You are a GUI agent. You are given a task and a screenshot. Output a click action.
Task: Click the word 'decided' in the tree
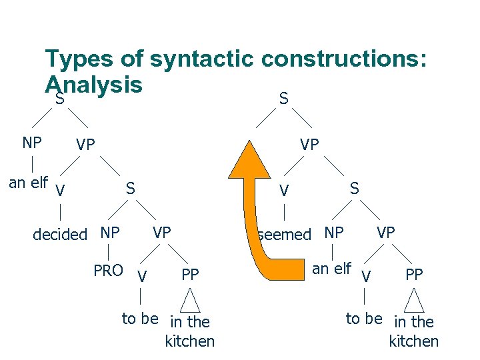coord(60,234)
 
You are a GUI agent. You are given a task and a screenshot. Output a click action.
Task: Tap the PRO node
coord(108,271)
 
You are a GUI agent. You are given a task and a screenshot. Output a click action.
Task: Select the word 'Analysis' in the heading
coord(93,85)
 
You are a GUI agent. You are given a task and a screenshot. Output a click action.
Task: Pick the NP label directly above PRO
coord(109,233)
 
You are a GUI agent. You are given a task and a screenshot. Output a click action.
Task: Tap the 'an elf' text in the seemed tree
coord(331,269)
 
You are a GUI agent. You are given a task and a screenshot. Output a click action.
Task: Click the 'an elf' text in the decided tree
coord(28,182)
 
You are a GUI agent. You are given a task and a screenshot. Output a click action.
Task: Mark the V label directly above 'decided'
coord(61,191)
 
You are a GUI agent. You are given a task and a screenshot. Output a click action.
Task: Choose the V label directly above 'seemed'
coord(284,191)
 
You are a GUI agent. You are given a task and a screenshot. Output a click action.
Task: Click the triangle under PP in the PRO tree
coord(191,300)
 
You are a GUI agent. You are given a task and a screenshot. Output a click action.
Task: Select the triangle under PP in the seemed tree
coord(414,300)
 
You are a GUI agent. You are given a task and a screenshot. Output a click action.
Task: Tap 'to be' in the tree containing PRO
coord(140,319)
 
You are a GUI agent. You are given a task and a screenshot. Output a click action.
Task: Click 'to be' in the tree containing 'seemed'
coord(363,319)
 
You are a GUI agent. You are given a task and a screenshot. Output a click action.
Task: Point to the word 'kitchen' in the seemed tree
coord(413,341)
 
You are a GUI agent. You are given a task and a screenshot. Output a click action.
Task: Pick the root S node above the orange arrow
coord(284,99)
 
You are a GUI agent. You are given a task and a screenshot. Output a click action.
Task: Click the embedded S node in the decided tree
coord(131,189)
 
